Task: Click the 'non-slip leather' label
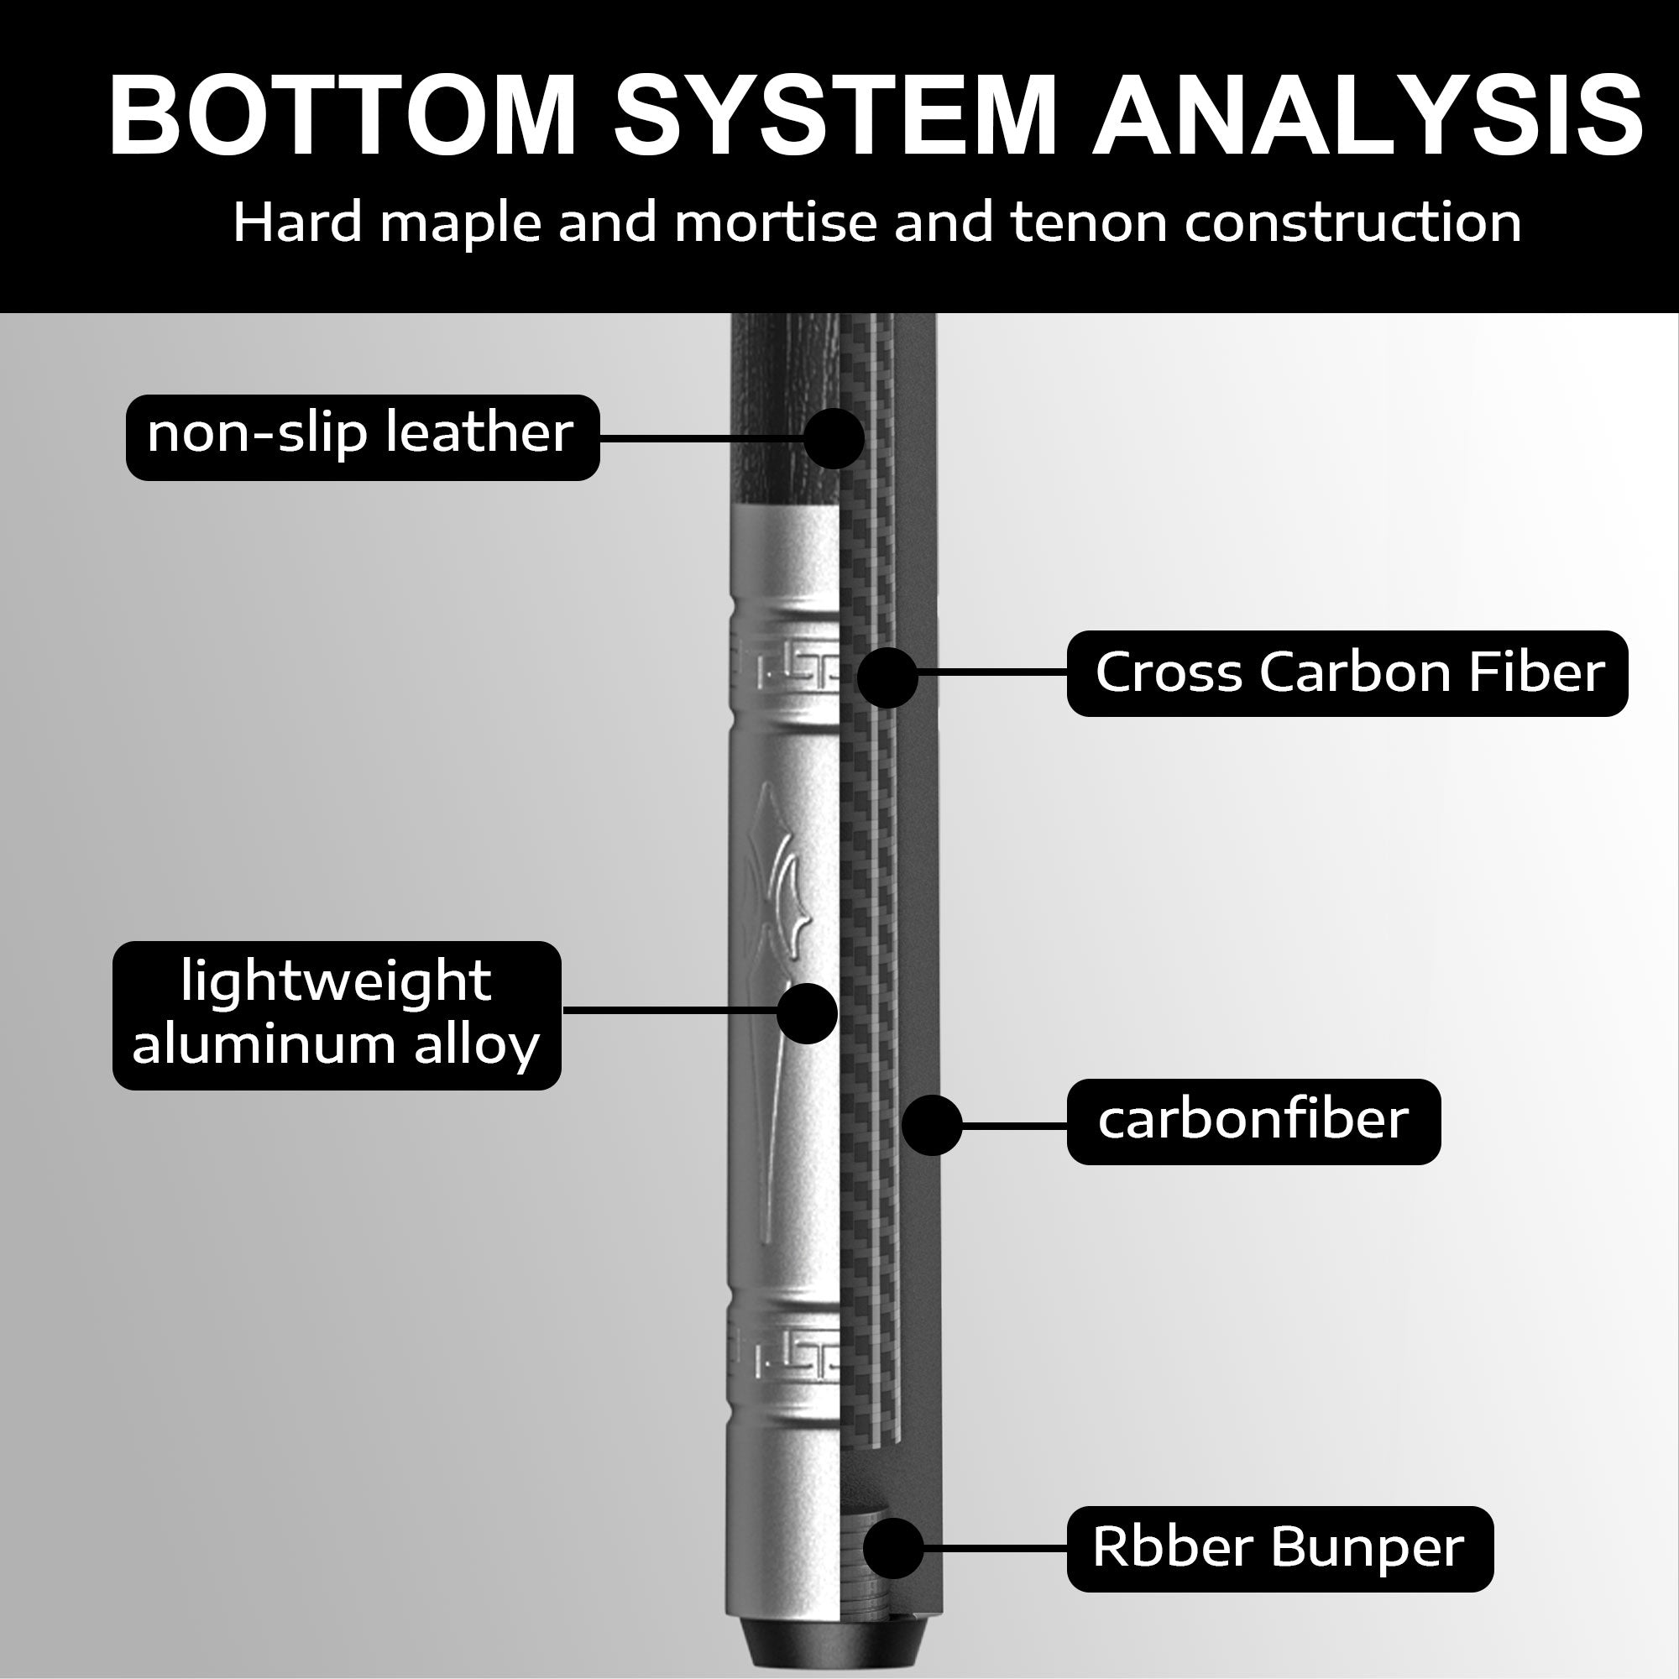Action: [x=363, y=437]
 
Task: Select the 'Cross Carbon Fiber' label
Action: [x=1347, y=673]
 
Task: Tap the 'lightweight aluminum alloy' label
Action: [x=337, y=1015]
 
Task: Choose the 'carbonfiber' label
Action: [x=1254, y=1122]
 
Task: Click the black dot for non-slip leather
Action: [x=834, y=439]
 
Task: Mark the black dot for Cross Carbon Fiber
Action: [x=887, y=676]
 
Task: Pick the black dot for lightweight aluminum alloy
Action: [x=808, y=1014]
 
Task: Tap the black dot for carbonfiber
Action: [x=932, y=1126]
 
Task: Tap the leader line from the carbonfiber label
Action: [x=1013, y=1126]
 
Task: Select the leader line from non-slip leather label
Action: [x=702, y=440]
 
